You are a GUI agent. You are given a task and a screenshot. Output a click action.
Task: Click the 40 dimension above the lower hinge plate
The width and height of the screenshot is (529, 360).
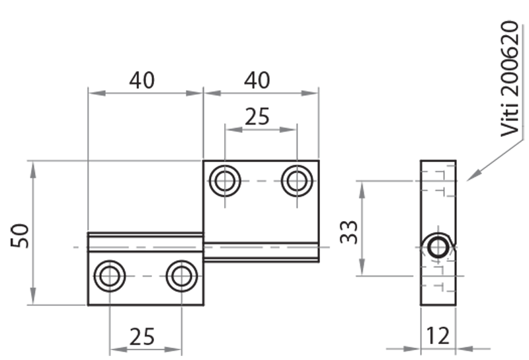click(142, 80)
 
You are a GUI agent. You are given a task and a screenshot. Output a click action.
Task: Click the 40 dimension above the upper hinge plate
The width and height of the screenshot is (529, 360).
click(257, 80)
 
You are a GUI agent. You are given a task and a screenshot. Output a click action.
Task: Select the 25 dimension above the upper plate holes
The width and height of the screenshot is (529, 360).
click(257, 116)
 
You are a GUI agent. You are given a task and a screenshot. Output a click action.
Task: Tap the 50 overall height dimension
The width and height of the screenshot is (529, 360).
click(20, 235)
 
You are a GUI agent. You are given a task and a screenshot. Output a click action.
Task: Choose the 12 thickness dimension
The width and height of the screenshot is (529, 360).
click(437, 336)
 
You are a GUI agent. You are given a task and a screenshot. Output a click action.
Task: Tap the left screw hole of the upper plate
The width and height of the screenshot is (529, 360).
click(225, 181)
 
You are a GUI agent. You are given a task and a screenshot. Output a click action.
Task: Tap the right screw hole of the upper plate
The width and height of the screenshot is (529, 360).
click(297, 181)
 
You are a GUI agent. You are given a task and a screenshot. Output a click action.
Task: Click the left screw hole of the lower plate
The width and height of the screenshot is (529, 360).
click(110, 276)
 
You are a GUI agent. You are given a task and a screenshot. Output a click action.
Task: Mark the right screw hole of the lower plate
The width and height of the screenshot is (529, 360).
click(181, 276)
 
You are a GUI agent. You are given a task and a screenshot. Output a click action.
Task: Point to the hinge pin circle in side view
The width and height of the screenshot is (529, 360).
click(438, 247)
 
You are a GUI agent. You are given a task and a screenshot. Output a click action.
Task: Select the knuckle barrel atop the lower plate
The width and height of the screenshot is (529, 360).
click(145, 242)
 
